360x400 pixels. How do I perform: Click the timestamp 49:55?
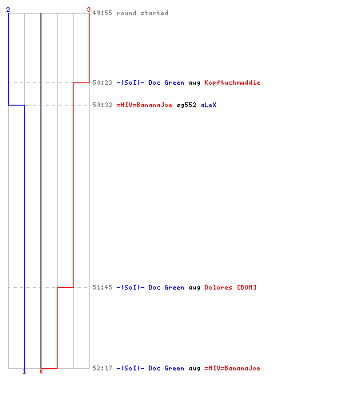[x=102, y=13]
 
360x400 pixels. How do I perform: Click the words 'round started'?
[x=142, y=13]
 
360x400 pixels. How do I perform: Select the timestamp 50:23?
[x=102, y=82]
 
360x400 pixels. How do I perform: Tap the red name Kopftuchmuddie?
[x=232, y=82]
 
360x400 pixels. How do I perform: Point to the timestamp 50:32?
[x=102, y=105]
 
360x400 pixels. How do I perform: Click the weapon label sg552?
[x=186, y=105]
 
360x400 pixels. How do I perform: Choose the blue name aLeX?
[x=208, y=105]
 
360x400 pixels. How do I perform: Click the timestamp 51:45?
[x=102, y=287]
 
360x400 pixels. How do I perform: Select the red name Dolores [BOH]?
[x=230, y=287]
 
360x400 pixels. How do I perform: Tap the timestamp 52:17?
[x=102, y=368]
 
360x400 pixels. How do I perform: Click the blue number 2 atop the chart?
[x=8, y=10]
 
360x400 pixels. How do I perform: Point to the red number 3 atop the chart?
[x=89, y=10]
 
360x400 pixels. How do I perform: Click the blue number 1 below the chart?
[x=24, y=371]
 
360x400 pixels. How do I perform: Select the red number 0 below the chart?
[x=41, y=371]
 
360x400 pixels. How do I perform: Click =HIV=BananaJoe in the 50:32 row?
[x=144, y=105]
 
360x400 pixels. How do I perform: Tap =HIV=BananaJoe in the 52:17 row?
[x=232, y=368]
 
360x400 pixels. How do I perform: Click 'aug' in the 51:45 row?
[x=194, y=288]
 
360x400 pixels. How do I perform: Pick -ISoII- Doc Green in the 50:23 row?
[x=150, y=82]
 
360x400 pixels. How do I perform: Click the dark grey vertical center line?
[x=41, y=190]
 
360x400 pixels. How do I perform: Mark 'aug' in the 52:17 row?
[x=194, y=369]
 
